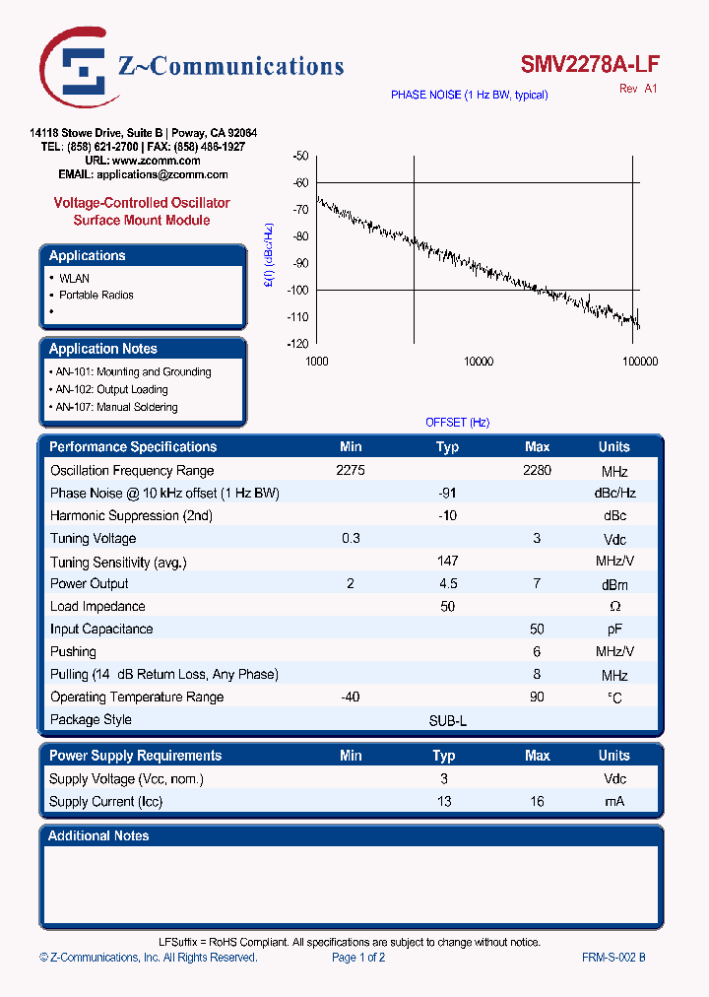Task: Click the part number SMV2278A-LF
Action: (590, 65)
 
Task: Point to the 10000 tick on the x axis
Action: (478, 362)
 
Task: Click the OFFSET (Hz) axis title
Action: (457, 422)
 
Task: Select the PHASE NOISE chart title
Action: (469, 95)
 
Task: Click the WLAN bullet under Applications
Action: (74, 278)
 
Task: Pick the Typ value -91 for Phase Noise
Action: (447, 493)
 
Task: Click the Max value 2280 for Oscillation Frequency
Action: (537, 470)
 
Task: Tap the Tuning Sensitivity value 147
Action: (447, 561)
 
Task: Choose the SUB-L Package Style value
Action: (447, 720)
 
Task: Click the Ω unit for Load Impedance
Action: (614, 607)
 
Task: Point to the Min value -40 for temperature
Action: (350, 697)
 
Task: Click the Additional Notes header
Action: (99, 835)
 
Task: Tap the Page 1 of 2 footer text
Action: (358, 957)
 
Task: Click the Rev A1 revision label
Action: (638, 89)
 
